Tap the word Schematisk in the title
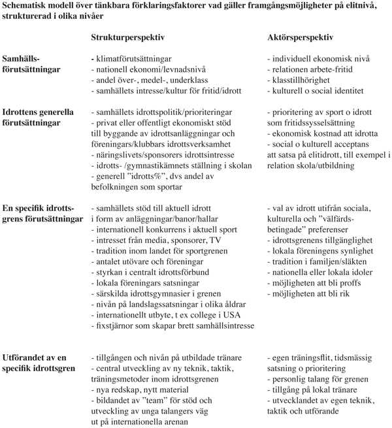click(x=27, y=7)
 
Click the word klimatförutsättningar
click(x=137, y=59)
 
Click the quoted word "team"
click(x=155, y=400)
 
